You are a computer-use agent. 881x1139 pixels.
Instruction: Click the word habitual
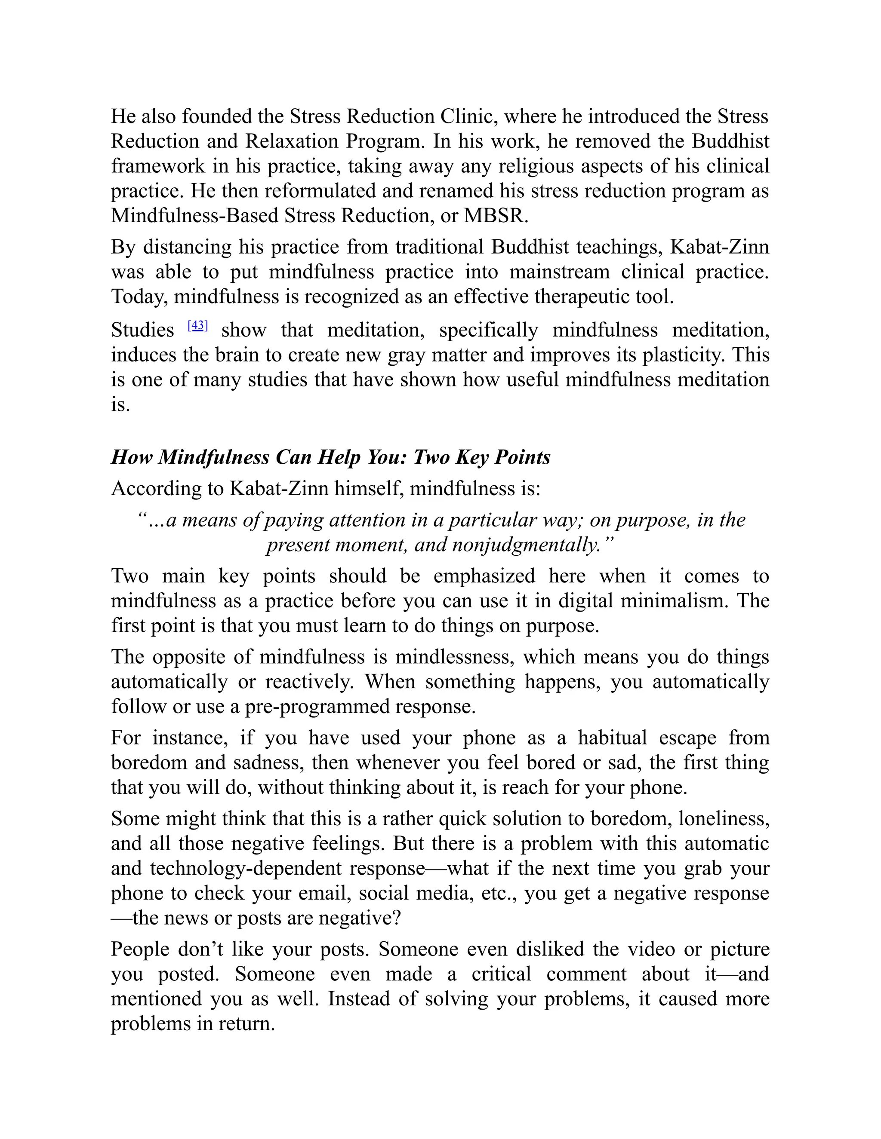click(x=612, y=738)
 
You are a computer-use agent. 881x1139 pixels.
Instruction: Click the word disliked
click(x=550, y=949)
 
